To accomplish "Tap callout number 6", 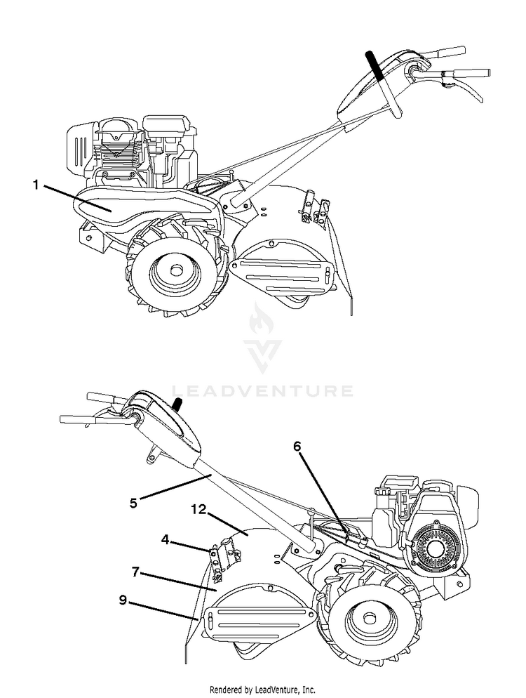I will (297, 445).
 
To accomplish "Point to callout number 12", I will (198, 511).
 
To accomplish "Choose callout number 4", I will (165, 540).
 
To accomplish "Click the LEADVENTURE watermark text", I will (262, 390).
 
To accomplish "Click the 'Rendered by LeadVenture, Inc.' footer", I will (262, 690).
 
